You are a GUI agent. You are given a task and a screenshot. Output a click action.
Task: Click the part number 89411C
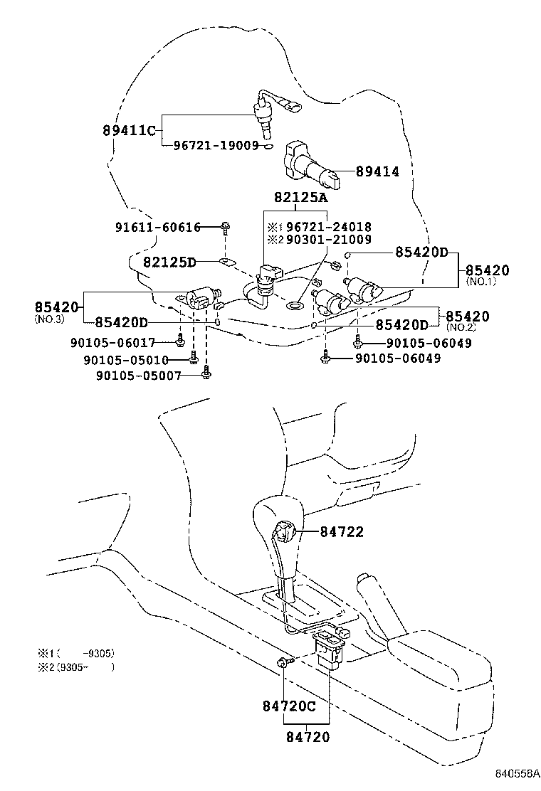tap(128, 130)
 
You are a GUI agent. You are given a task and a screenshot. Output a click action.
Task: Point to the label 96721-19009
tap(216, 146)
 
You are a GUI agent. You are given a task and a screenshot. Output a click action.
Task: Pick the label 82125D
tap(169, 262)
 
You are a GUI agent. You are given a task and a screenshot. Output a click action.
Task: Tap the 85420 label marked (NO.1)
tap(488, 270)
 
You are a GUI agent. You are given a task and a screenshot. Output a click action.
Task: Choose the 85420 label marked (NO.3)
tap(56, 307)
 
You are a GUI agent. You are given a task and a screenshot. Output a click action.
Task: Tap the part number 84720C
tap(288, 706)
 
